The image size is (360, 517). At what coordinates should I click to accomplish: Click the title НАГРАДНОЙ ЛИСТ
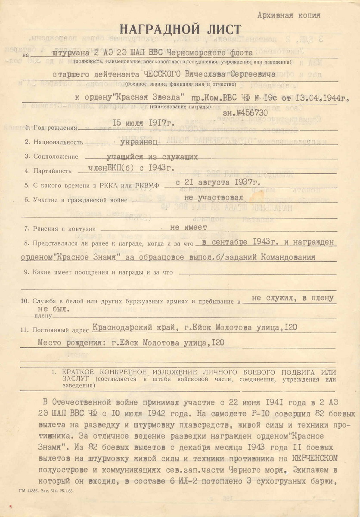[x=180, y=30]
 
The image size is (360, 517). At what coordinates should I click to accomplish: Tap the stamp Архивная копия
[x=289, y=16]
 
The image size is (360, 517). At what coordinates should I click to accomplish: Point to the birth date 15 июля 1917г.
[x=143, y=123]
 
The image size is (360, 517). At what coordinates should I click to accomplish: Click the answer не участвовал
[x=214, y=197]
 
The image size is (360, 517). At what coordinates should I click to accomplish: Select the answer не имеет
[x=189, y=227]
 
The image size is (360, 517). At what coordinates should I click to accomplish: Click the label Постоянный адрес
[x=61, y=330]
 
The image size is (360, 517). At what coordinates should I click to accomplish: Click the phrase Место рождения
[x=69, y=343]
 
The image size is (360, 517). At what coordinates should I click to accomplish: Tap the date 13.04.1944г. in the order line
[x=319, y=98]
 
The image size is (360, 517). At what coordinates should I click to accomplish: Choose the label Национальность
[x=58, y=142]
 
